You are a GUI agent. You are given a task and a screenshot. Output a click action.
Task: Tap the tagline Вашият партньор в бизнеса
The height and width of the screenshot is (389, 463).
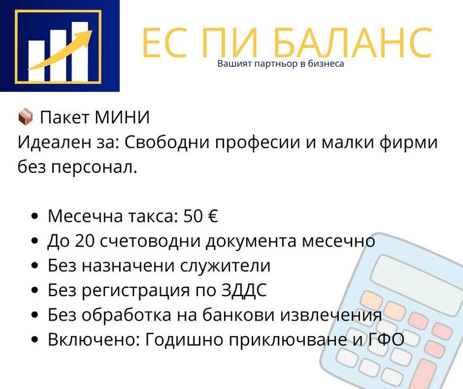click(281, 63)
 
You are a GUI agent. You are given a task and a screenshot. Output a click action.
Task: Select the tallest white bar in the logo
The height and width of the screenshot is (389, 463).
click(81, 51)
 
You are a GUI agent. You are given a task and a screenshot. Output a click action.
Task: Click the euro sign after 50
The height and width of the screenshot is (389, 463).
click(212, 216)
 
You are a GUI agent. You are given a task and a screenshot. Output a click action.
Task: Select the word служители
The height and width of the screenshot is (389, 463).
click(226, 266)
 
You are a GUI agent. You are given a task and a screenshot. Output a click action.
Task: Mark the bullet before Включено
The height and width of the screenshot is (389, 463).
click(35, 340)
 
